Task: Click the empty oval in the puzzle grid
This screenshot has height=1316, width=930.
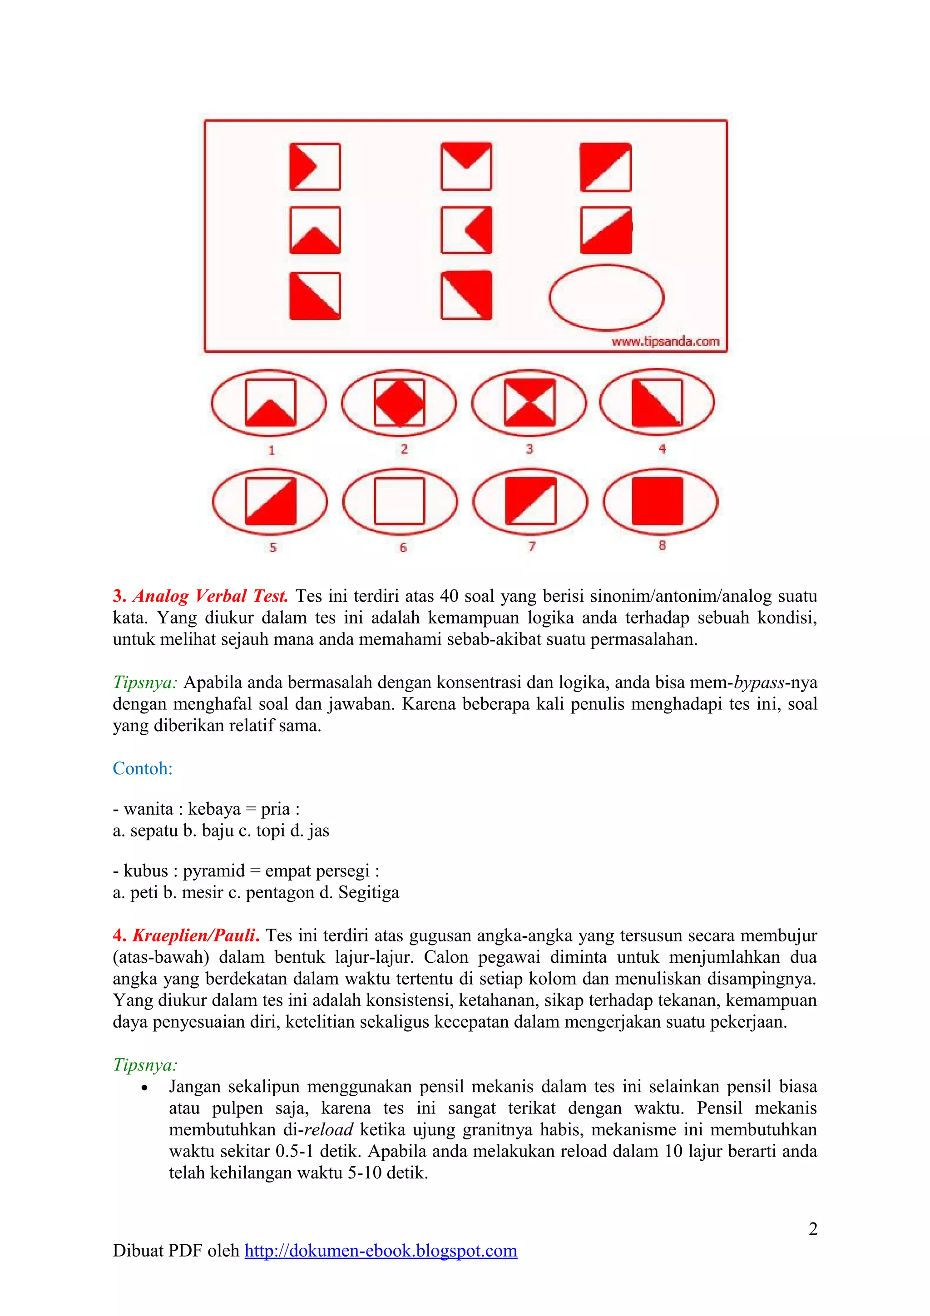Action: tap(606, 297)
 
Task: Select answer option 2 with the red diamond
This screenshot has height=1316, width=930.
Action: tap(400, 402)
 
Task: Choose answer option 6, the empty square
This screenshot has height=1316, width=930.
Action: tap(400, 501)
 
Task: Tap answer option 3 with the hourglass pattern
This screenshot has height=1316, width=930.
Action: tap(529, 402)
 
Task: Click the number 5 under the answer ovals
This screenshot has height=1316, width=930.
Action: tap(273, 547)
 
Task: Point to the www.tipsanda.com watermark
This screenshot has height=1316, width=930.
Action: tap(665, 341)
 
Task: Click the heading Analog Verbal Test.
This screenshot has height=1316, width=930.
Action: tap(210, 596)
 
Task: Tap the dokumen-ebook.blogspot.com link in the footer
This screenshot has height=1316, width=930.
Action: tap(381, 1250)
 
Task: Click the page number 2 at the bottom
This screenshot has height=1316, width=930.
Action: tap(812, 1228)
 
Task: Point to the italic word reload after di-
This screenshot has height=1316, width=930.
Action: tap(328, 1130)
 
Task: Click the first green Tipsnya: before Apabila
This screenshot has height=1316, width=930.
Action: tap(145, 683)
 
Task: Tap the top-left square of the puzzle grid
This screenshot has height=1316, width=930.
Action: tap(315, 167)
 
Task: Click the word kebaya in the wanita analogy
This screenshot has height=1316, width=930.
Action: tap(214, 809)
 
